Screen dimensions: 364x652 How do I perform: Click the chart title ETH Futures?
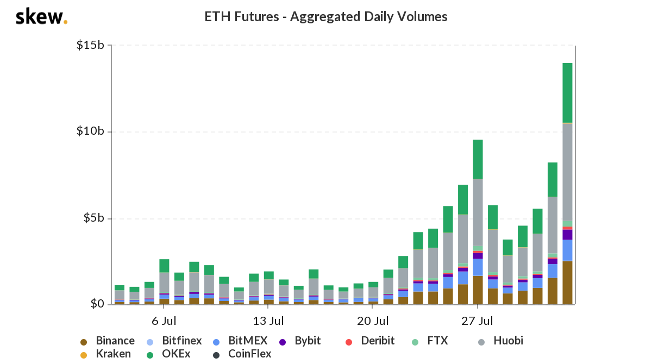click(x=325, y=17)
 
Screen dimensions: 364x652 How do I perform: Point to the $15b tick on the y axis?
click(x=90, y=45)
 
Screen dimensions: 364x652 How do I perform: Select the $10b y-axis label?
click(x=90, y=131)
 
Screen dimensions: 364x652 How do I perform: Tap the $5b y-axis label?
click(x=93, y=218)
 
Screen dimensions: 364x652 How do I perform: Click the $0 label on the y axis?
click(x=97, y=304)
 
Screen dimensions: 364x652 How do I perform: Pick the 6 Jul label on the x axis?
click(x=164, y=321)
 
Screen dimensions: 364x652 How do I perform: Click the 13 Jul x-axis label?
click(x=269, y=321)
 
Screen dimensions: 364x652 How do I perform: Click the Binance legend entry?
click(x=115, y=341)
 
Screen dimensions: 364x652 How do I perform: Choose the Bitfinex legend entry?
click(x=181, y=341)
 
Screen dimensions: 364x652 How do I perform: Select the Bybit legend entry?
click(x=308, y=341)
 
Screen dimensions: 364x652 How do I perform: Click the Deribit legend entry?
click(x=377, y=341)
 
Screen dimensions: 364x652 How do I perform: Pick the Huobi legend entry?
click(x=508, y=341)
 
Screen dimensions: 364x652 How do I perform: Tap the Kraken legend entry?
click(x=113, y=354)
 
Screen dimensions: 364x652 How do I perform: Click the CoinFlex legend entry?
click(x=249, y=354)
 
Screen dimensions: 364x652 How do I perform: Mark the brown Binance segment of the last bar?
click(x=567, y=283)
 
